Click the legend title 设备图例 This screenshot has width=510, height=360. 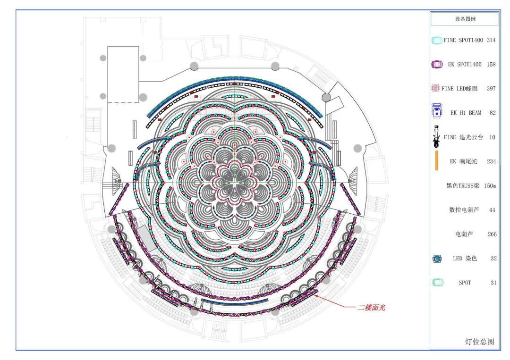point(465,19)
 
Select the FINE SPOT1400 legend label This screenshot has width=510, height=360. point(463,40)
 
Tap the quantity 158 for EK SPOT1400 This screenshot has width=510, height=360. point(491,64)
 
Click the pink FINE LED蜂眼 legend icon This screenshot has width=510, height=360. point(435,88)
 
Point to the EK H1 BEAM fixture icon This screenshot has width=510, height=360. point(436,111)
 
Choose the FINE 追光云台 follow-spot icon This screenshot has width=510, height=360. point(436,136)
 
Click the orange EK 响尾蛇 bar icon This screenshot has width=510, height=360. point(436,160)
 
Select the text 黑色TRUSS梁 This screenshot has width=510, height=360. point(462,186)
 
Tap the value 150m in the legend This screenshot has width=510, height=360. point(490,186)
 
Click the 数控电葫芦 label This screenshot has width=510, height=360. point(464,210)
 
